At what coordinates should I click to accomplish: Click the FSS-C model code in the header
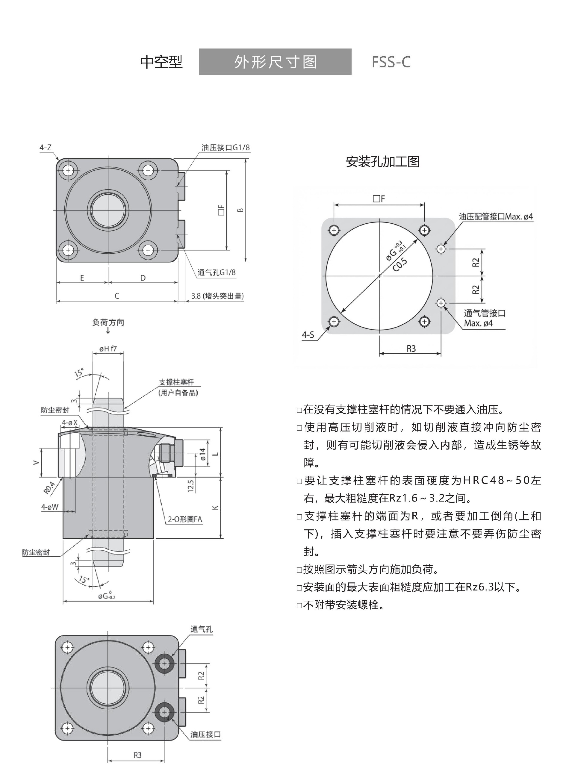coord(391,62)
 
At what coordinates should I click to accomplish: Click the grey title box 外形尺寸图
coord(275,62)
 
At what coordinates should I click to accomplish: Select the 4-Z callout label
coord(45,148)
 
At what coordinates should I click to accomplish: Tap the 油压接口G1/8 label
coord(226,148)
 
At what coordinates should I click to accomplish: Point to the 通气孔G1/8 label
coord(216,272)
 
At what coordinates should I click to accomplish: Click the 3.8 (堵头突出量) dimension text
coord(217,296)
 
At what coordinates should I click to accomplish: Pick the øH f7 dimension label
coord(108,349)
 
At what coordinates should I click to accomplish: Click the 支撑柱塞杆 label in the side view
coord(176,382)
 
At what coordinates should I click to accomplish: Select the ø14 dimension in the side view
coord(202,454)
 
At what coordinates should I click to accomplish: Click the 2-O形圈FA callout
coord(184,519)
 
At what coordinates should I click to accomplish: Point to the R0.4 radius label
coord(49,487)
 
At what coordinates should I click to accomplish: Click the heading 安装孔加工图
coord(382,162)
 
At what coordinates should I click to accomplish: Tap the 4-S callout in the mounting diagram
coord(308,335)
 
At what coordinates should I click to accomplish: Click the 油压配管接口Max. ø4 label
coord(496,216)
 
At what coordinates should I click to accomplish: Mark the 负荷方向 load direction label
coord(108,322)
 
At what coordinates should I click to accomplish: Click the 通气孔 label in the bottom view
coord(201,629)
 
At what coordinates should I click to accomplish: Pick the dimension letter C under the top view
coord(117,296)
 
